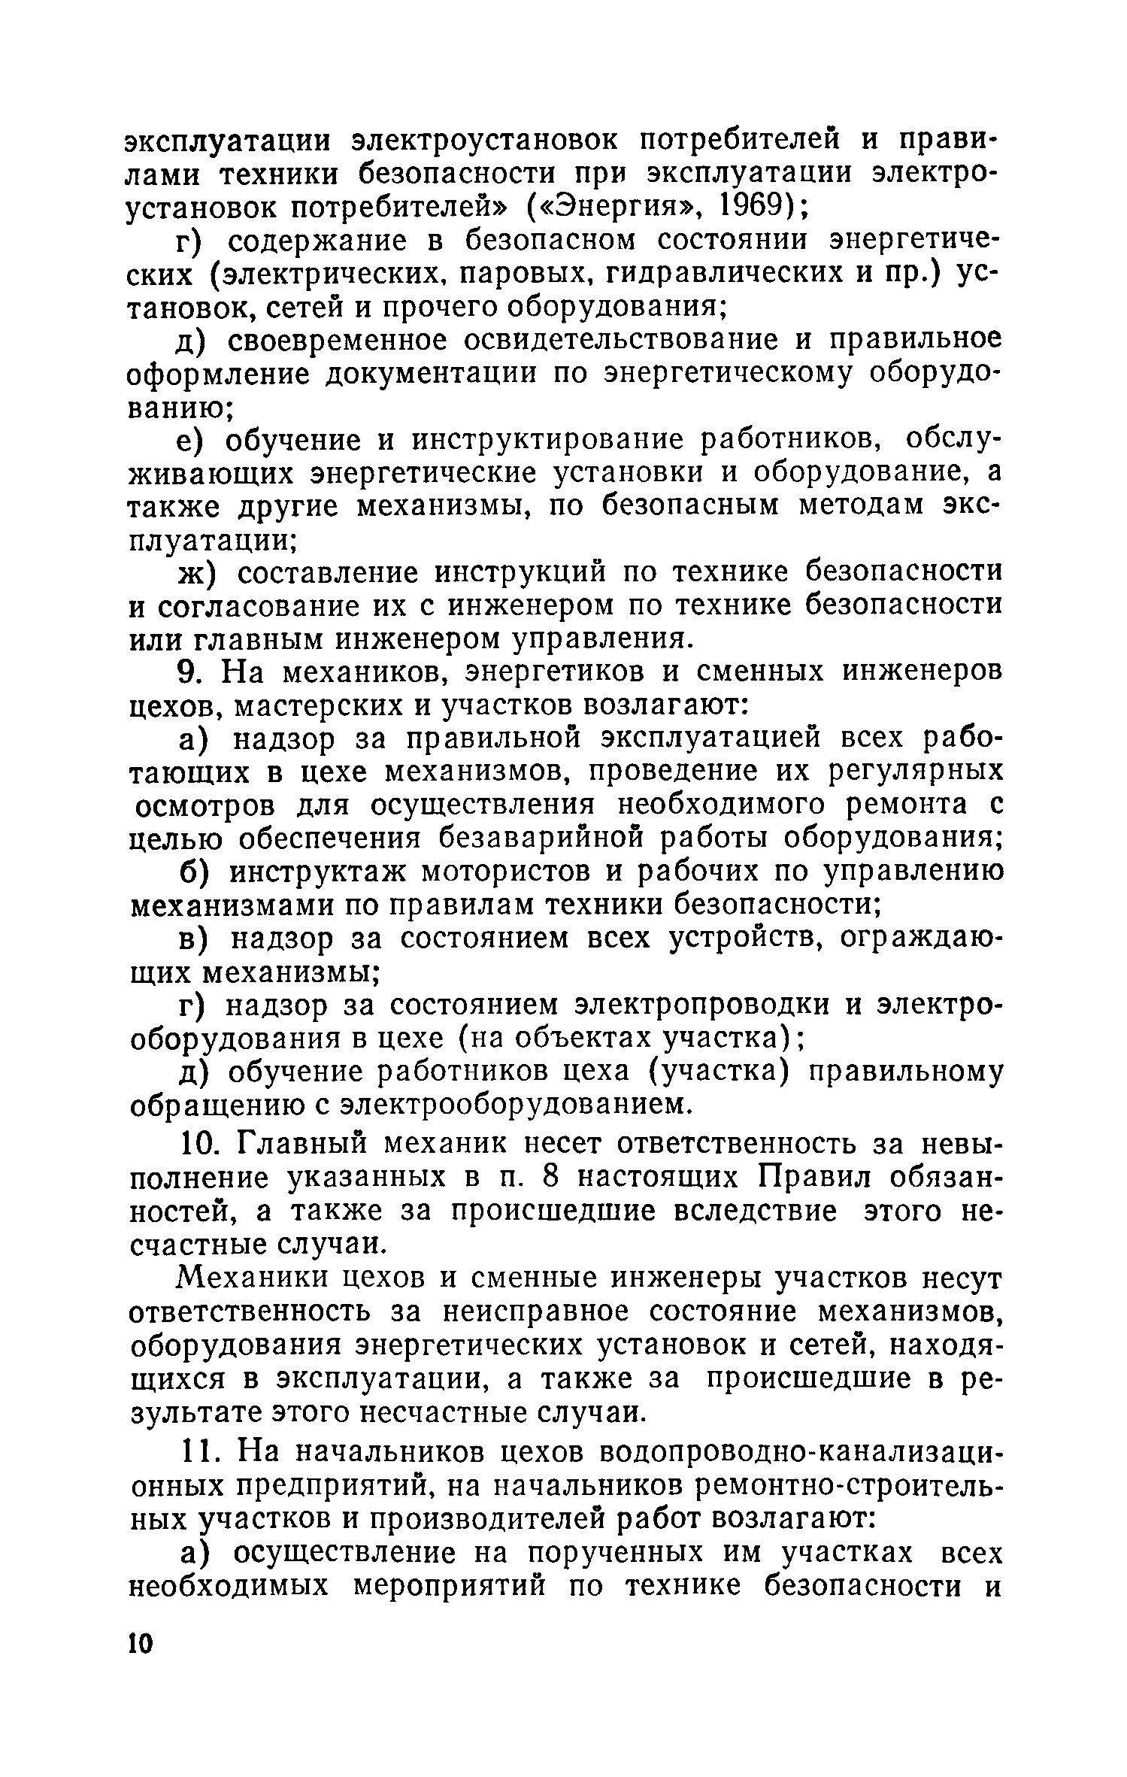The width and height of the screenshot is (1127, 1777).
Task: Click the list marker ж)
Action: (x=197, y=573)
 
